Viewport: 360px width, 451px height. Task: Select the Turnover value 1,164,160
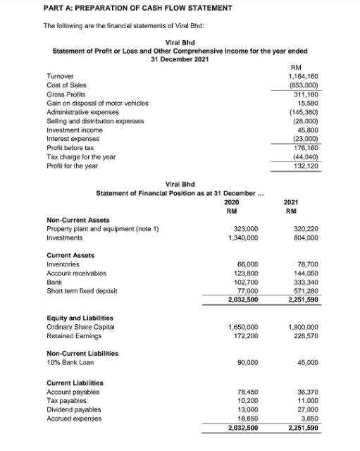point(303,76)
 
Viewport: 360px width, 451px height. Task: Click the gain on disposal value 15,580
point(308,104)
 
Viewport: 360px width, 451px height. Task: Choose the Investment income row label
point(74,130)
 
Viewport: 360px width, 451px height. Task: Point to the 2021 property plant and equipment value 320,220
point(305,230)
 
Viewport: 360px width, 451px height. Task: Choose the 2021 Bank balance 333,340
point(305,280)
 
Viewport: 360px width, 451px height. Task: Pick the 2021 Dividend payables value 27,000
point(307,409)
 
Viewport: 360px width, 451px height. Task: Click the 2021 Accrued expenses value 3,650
point(309,419)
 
